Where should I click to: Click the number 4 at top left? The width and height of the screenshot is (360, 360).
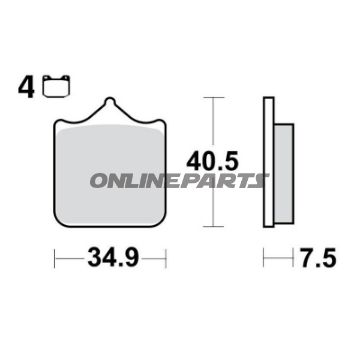tap(22, 87)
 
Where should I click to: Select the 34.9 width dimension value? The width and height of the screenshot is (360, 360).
tap(109, 260)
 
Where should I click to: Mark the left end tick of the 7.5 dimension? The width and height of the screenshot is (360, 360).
tap(265, 260)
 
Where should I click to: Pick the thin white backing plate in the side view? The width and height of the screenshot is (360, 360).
tap(268, 165)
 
